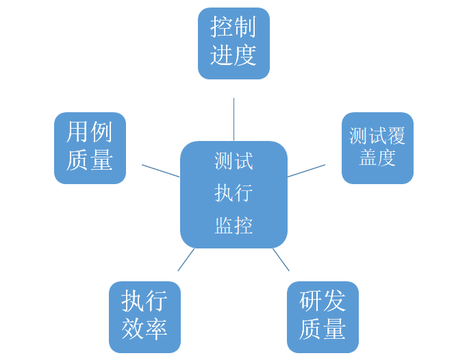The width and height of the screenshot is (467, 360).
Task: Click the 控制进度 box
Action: click(x=233, y=43)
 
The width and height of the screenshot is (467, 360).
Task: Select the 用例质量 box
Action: click(x=90, y=148)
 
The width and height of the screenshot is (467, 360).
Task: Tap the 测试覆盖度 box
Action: click(x=377, y=148)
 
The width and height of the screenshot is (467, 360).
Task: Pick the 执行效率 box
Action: click(x=144, y=317)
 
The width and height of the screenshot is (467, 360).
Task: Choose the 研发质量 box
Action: click(x=323, y=317)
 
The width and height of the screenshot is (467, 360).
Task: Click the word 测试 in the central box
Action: click(x=233, y=162)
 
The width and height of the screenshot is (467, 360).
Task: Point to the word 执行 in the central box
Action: click(x=233, y=194)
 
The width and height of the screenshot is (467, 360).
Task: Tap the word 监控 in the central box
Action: click(x=233, y=226)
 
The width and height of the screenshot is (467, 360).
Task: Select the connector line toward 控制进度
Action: click(x=233, y=119)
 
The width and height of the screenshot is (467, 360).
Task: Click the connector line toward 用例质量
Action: click(x=160, y=170)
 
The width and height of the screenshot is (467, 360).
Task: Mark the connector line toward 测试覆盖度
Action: click(x=306, y=170)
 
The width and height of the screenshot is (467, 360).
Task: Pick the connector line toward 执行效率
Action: click(x=186, y=259)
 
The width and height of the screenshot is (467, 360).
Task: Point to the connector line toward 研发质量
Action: click(x=281, y=259)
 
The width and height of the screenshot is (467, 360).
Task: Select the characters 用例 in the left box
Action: click(x=90, y=133)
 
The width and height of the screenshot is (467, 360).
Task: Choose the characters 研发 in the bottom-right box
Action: click(x=323, y=302)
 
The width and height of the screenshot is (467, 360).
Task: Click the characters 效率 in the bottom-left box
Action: click(x=144, y=331)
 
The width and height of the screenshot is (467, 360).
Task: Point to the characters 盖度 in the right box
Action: click(x=377, y=159)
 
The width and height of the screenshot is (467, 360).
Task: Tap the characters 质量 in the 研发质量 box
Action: click(x=323, y=331)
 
